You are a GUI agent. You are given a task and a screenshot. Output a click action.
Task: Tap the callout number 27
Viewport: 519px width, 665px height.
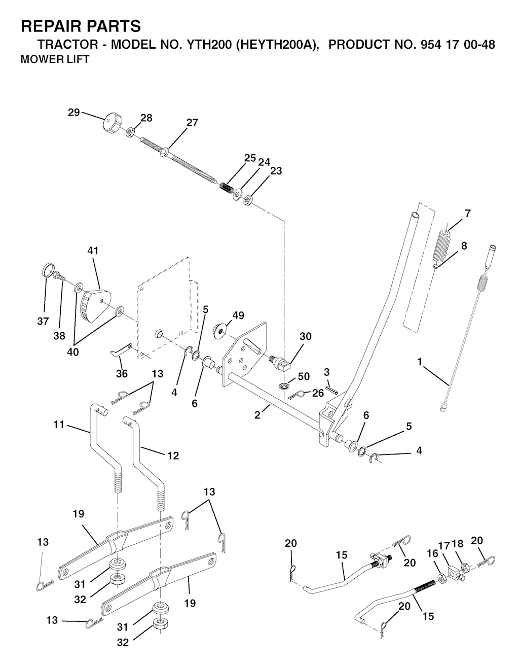click(192, 122)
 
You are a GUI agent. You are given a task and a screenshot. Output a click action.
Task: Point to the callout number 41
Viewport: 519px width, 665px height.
click(93, 251)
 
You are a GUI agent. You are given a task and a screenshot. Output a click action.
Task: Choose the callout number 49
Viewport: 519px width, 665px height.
click(238, 316)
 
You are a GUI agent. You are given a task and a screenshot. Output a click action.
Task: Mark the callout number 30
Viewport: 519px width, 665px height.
click(306, 336)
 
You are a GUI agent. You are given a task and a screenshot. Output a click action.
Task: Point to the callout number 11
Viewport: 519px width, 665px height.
click(59, 425)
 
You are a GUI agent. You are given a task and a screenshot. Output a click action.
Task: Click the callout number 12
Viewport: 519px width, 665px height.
click(173, 456)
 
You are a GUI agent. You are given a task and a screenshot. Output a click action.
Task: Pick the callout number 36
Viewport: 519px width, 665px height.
click(122, 374)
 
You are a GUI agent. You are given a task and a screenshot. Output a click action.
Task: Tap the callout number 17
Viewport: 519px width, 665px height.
click(444, 545)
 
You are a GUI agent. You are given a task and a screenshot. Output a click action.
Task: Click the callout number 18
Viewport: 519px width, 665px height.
click(458, 544)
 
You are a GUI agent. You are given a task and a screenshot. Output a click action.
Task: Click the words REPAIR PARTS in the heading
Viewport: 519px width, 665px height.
click(80, 26)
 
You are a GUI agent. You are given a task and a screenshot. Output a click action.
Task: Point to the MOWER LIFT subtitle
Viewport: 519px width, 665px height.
click(55, 59)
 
